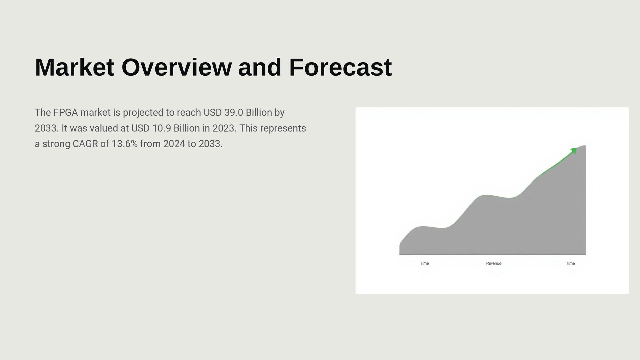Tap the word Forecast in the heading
340,67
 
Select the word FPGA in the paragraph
65,113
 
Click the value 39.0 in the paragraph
234,113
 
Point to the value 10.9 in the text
162,128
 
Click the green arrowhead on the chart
573,151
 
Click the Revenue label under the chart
494,263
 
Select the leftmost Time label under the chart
424,263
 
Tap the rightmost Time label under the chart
570,263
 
